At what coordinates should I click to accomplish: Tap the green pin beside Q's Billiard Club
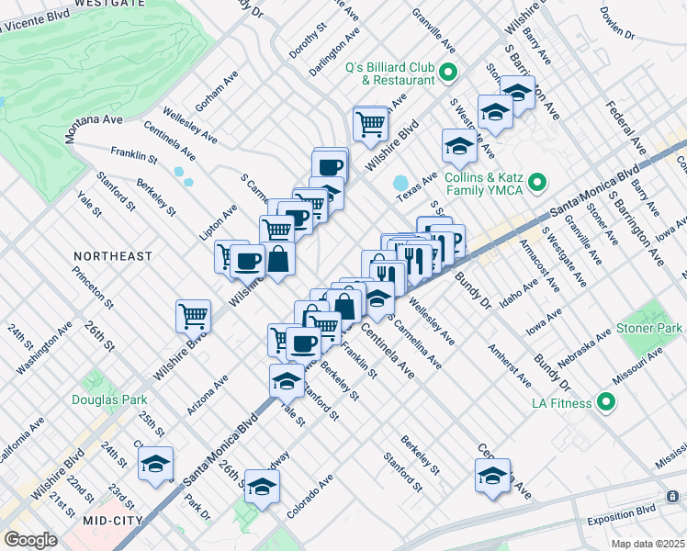[448, 72]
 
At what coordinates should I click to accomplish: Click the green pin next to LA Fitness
[605, 401]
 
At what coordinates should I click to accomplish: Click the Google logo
[30, 540]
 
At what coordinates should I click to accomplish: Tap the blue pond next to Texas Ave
[400, 182]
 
